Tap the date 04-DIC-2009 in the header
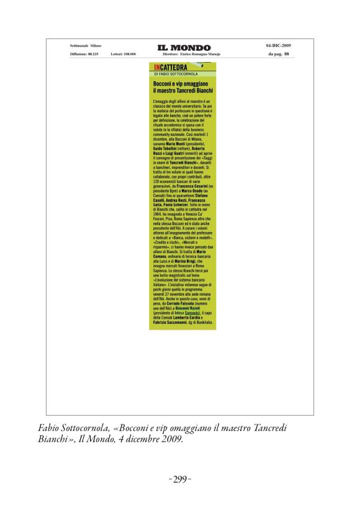coord(278,45)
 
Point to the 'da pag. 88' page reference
coord(278,54)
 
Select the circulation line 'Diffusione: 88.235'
coord(84,54)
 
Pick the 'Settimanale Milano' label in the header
coord(86,45)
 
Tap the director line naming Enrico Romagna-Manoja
coord(191,54)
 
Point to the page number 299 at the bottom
coord(179,479)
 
